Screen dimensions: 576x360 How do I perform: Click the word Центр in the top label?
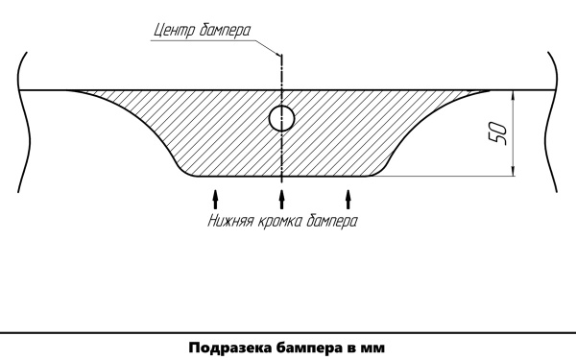(x=174, y=29)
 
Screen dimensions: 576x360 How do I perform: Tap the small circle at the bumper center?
(x=281, y=118)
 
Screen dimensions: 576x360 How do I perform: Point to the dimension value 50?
(x=498, y=133)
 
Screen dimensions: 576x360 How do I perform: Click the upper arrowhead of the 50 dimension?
(x=513, y=95)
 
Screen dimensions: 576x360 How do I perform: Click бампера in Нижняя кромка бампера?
(x=332, y=221)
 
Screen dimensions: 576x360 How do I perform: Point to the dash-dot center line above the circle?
(x=281, y=77)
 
